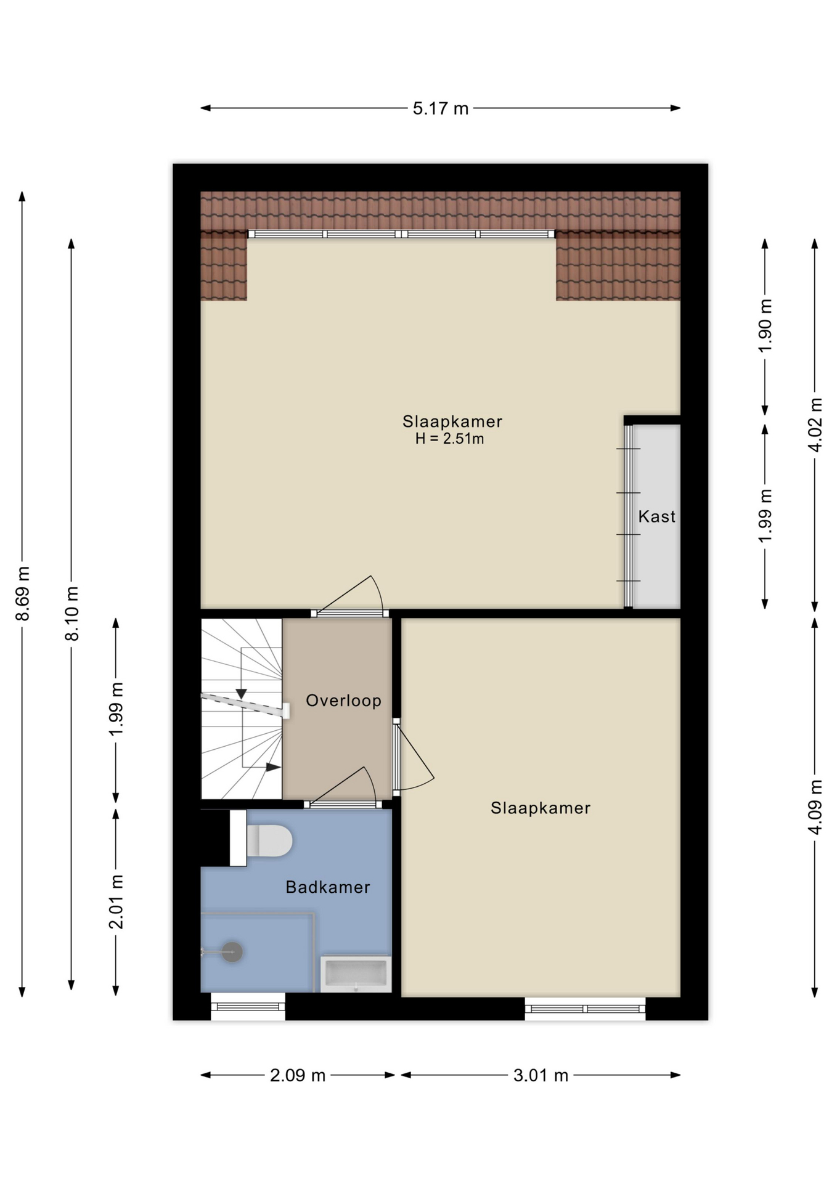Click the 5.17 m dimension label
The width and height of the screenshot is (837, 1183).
pyautogui.click(x=440, y=109)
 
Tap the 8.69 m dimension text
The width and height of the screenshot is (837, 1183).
pyautogui.click(x=23, y=593)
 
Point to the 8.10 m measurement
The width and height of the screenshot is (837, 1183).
pyautogui.click(x=72, y=614)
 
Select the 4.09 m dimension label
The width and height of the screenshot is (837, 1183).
pyautogui.click(x=815, y=807)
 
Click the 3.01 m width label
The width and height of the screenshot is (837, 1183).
pyautogui.click(x=541, y=1076)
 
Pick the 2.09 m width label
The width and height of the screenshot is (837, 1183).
pyautogui.click(x=298, y=1076)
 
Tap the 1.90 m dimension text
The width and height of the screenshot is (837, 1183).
pyautogui.click(x=765, y=326)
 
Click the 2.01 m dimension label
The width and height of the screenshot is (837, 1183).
pyautogui.click(x=116, y=901)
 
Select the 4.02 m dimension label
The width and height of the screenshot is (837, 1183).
pyautogui.click(x=815, y=425)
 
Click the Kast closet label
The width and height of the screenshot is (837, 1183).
pyautogui.click(x=656, y=516)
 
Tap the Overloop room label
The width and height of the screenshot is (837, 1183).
pyautogui.click(x=343, y=701)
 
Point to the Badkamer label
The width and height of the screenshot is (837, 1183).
pyautogui.click(x=328, y=887)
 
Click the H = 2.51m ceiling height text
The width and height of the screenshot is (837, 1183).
pyautogui.click(x=449, y=439)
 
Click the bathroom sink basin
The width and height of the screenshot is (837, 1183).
pyautogui.click(x=356, y=974)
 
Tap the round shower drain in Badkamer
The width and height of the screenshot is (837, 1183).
pyautogui.click(x=232, y=952)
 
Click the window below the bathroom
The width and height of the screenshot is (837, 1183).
pyautogui.click(x=248, y=1007)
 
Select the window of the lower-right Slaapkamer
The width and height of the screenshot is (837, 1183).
pyautogui.click(x=585, y=1009)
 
